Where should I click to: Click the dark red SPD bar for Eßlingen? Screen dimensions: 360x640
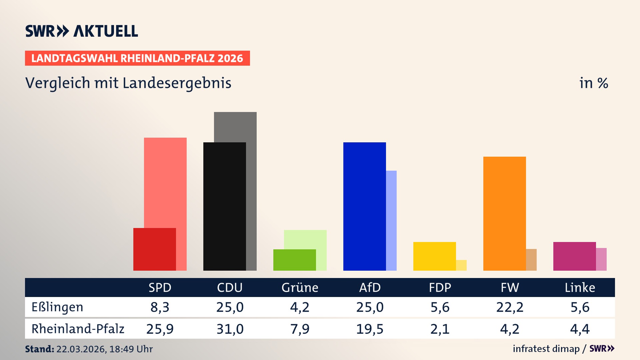(155, 249)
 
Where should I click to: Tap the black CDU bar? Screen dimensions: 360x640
(224, 207)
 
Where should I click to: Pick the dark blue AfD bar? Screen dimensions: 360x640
(364, 207)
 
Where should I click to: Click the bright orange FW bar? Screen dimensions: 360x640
(504, 213)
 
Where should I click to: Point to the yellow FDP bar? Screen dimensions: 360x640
(434, 256)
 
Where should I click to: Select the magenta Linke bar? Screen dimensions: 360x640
(574, 256)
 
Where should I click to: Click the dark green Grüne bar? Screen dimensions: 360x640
(294, 260)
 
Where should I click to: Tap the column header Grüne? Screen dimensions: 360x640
(300, 287)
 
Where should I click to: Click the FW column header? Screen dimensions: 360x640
(510, 287)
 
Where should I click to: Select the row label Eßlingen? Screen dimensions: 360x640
(57, 307)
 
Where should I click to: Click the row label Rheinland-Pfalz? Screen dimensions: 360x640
(78, 329)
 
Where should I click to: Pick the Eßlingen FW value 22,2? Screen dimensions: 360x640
(510, 307)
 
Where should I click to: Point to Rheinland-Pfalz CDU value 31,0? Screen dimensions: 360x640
(230, 329)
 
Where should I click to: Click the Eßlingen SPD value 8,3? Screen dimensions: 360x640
(160, 307)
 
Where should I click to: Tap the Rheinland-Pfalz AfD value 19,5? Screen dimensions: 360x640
(370, 329)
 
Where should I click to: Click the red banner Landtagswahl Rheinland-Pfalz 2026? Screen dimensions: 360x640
(137, 58)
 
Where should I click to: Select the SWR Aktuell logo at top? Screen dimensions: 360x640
(82, 31)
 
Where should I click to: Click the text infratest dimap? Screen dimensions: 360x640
(546, 349)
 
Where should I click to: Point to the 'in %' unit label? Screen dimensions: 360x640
(593, 83)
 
